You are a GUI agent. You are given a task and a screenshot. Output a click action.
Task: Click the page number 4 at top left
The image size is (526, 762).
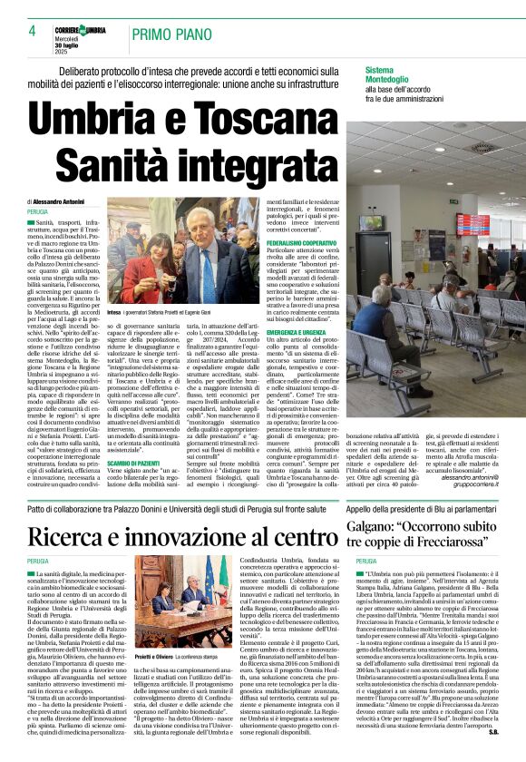pos(31,32)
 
